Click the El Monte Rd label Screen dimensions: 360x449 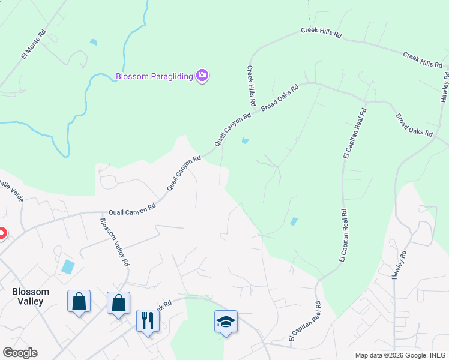click(x=34, y=45)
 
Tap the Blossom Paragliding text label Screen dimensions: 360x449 click(x=154, y=76)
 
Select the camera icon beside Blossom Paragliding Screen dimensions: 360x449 click(x=202, y=76)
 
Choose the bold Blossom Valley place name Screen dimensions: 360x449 click(x=31, y=296)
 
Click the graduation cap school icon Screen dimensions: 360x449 click(x=226, y=322)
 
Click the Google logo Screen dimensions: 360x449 click(x=20, y=353)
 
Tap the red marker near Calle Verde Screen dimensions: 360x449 click(x=2, y=233)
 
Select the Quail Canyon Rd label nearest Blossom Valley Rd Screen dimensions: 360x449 click(x=132, y=209)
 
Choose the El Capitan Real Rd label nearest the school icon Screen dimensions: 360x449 click(x=305, y=323)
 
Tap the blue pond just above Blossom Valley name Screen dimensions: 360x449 click(x=68, y=266)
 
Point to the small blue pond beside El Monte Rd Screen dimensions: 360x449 click(x=92, y=42)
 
